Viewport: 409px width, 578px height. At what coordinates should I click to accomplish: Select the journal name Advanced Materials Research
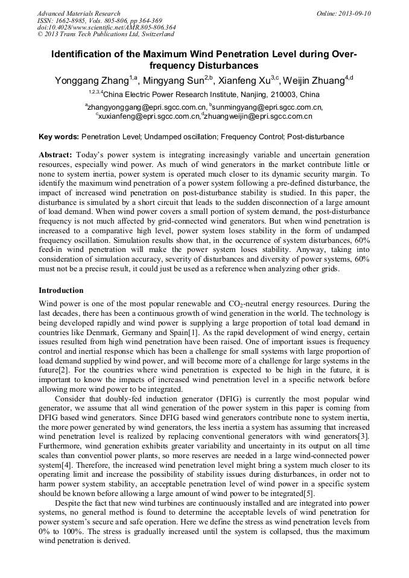coord(78,13)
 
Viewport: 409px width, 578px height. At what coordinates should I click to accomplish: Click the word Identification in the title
coord(84,54)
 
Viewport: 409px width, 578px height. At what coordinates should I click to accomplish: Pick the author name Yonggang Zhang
coord(90,80)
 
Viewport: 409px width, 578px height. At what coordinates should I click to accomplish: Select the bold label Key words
coord(58,137)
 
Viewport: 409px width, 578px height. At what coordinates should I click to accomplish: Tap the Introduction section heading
coord(60,290)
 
